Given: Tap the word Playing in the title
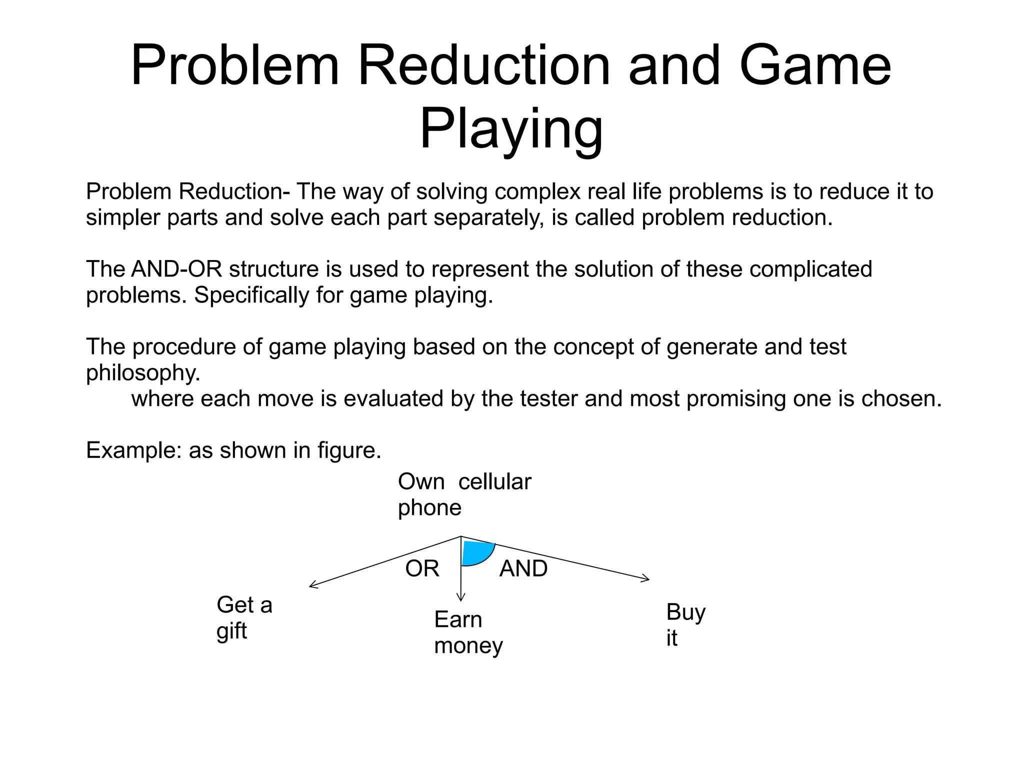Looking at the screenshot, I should tap(511, 129).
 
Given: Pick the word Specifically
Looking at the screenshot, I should tap(251, 295).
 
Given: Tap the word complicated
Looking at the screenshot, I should tap(810, 269).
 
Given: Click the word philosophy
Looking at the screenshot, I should tap(143, 372).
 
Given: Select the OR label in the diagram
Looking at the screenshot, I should tap(422, 568).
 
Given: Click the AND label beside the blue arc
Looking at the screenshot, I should tap(523, 568).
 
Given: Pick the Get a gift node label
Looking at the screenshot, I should tap(244, 617).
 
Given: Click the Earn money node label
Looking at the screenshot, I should tap(468, 632).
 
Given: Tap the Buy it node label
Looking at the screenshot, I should tap(685, 624).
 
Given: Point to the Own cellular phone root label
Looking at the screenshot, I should tap(464, 494).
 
